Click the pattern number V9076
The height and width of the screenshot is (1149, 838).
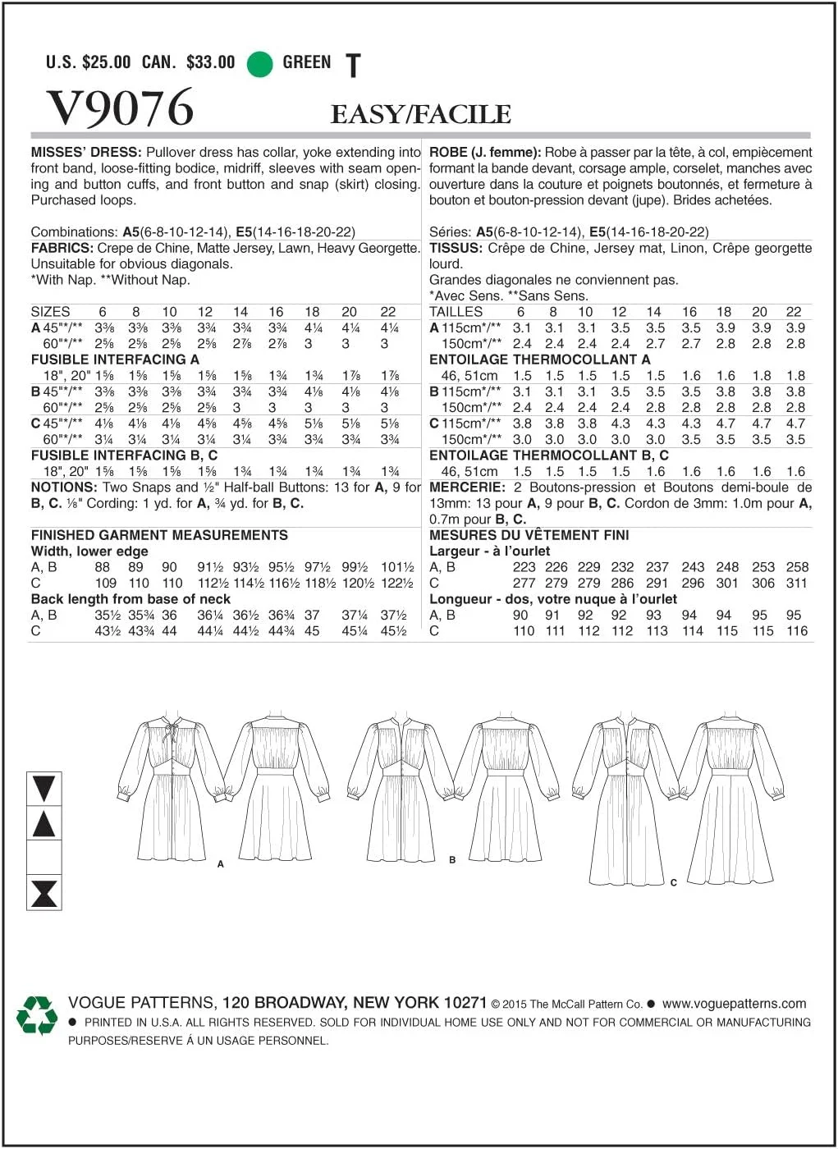[x=121, y=108]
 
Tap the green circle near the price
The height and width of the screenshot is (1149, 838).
[x=259, y=64]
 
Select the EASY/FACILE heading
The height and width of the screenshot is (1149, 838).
[x=420, y=115]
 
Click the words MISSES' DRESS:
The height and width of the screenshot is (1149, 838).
[x=86, y=152]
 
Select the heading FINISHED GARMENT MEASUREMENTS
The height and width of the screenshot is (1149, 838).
[x=159, y=535]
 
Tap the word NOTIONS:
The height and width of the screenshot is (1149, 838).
[x=64, y=488]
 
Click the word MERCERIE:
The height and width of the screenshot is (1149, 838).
[x=467, y=488]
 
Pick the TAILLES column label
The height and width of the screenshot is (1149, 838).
[x=456, y=312]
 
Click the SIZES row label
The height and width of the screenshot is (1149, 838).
[x=50, y=312]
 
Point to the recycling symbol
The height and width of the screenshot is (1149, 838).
[x=37, y=1016]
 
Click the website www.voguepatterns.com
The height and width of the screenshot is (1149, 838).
[x=734, y=1004]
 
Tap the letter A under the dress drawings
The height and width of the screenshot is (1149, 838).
[x=221, y=864]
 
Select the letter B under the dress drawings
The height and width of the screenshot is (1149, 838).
[x=452, y=860]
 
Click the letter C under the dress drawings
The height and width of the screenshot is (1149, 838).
[x=673, y=883]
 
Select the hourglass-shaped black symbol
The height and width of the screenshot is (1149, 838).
[x=44, y=893]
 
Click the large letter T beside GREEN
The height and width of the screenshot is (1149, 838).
[x=353, y=66]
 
